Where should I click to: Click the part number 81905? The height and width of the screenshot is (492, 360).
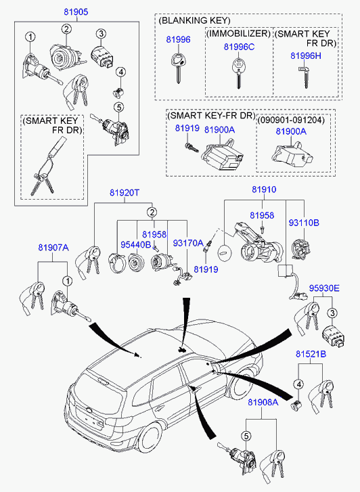click(76, 12)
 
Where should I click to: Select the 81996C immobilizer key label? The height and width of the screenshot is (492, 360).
click(239, 47)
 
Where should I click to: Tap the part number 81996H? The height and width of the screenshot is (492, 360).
click(306, 55)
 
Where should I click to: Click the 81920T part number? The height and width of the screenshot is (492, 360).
click(125, 192)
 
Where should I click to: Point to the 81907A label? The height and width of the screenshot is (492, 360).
click(53, 248)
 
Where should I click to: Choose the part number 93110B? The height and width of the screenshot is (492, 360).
click(304, 223)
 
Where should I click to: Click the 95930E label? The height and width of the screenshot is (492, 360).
click(324, 288)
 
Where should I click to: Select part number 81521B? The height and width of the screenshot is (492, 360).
click(311, 354)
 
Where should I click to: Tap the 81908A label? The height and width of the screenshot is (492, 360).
click(263, 402)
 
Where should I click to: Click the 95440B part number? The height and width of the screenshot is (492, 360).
click(136, 244)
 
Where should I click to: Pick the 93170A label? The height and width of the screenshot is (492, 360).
click(188, 243)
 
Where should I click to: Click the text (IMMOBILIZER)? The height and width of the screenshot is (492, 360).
click(239, 34)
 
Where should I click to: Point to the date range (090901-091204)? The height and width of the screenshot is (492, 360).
click(291, 120)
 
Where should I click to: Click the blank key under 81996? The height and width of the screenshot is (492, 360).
click(177, 68)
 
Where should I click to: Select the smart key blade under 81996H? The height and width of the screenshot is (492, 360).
click(305, 77)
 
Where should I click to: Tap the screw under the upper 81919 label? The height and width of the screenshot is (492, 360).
click(192, 148)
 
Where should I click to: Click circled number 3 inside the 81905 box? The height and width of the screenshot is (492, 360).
click(101, 34)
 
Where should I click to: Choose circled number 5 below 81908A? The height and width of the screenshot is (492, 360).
click(246, 436)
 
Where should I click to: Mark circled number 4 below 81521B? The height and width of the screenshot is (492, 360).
click(298, 384)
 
